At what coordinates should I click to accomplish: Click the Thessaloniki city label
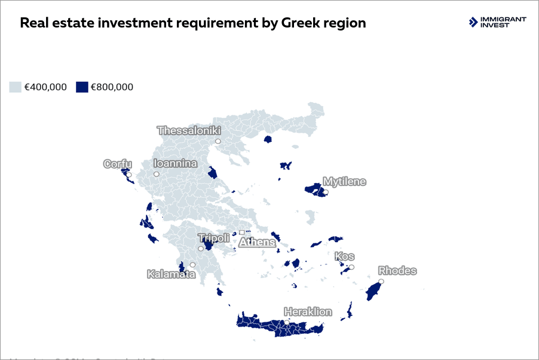point(189,130)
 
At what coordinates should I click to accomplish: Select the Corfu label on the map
point(117,164)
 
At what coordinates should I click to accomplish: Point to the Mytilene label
point(344,181)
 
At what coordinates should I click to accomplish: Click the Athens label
point(258,242)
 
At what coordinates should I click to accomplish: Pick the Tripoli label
point(213,238)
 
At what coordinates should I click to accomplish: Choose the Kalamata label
point(171,274)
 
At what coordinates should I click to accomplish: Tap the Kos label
point(344,257)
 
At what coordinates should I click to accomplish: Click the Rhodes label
point(397,271)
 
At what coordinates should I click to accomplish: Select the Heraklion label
point(308,312)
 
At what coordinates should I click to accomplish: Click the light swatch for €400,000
point(16,87)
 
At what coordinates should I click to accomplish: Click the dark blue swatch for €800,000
point(82,87)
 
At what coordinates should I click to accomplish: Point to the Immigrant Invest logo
point(498,22)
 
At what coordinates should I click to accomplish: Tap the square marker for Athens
point(242,232)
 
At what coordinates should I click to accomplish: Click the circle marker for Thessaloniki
point(218,141)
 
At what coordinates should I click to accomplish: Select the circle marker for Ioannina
point(156,174)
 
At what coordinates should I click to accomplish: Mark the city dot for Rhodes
point(381,281)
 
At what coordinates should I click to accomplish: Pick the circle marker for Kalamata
point(192,264)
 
